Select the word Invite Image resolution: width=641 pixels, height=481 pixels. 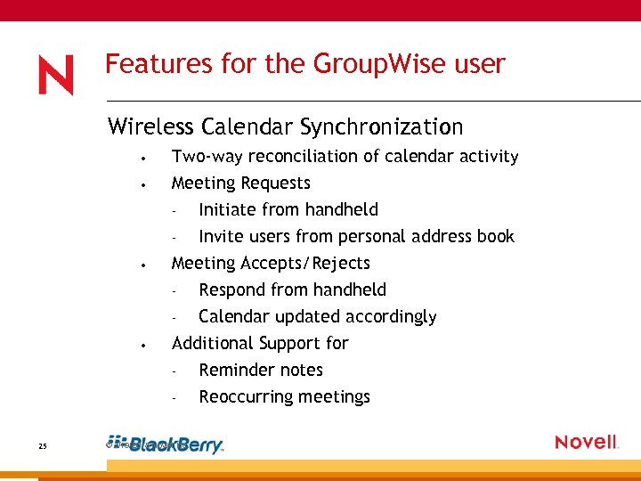pos(221,237)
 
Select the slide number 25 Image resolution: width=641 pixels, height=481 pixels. pos(43,446)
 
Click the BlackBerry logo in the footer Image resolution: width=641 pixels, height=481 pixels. pos(175,445)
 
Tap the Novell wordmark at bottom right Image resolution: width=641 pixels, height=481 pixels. pos(586,443)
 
